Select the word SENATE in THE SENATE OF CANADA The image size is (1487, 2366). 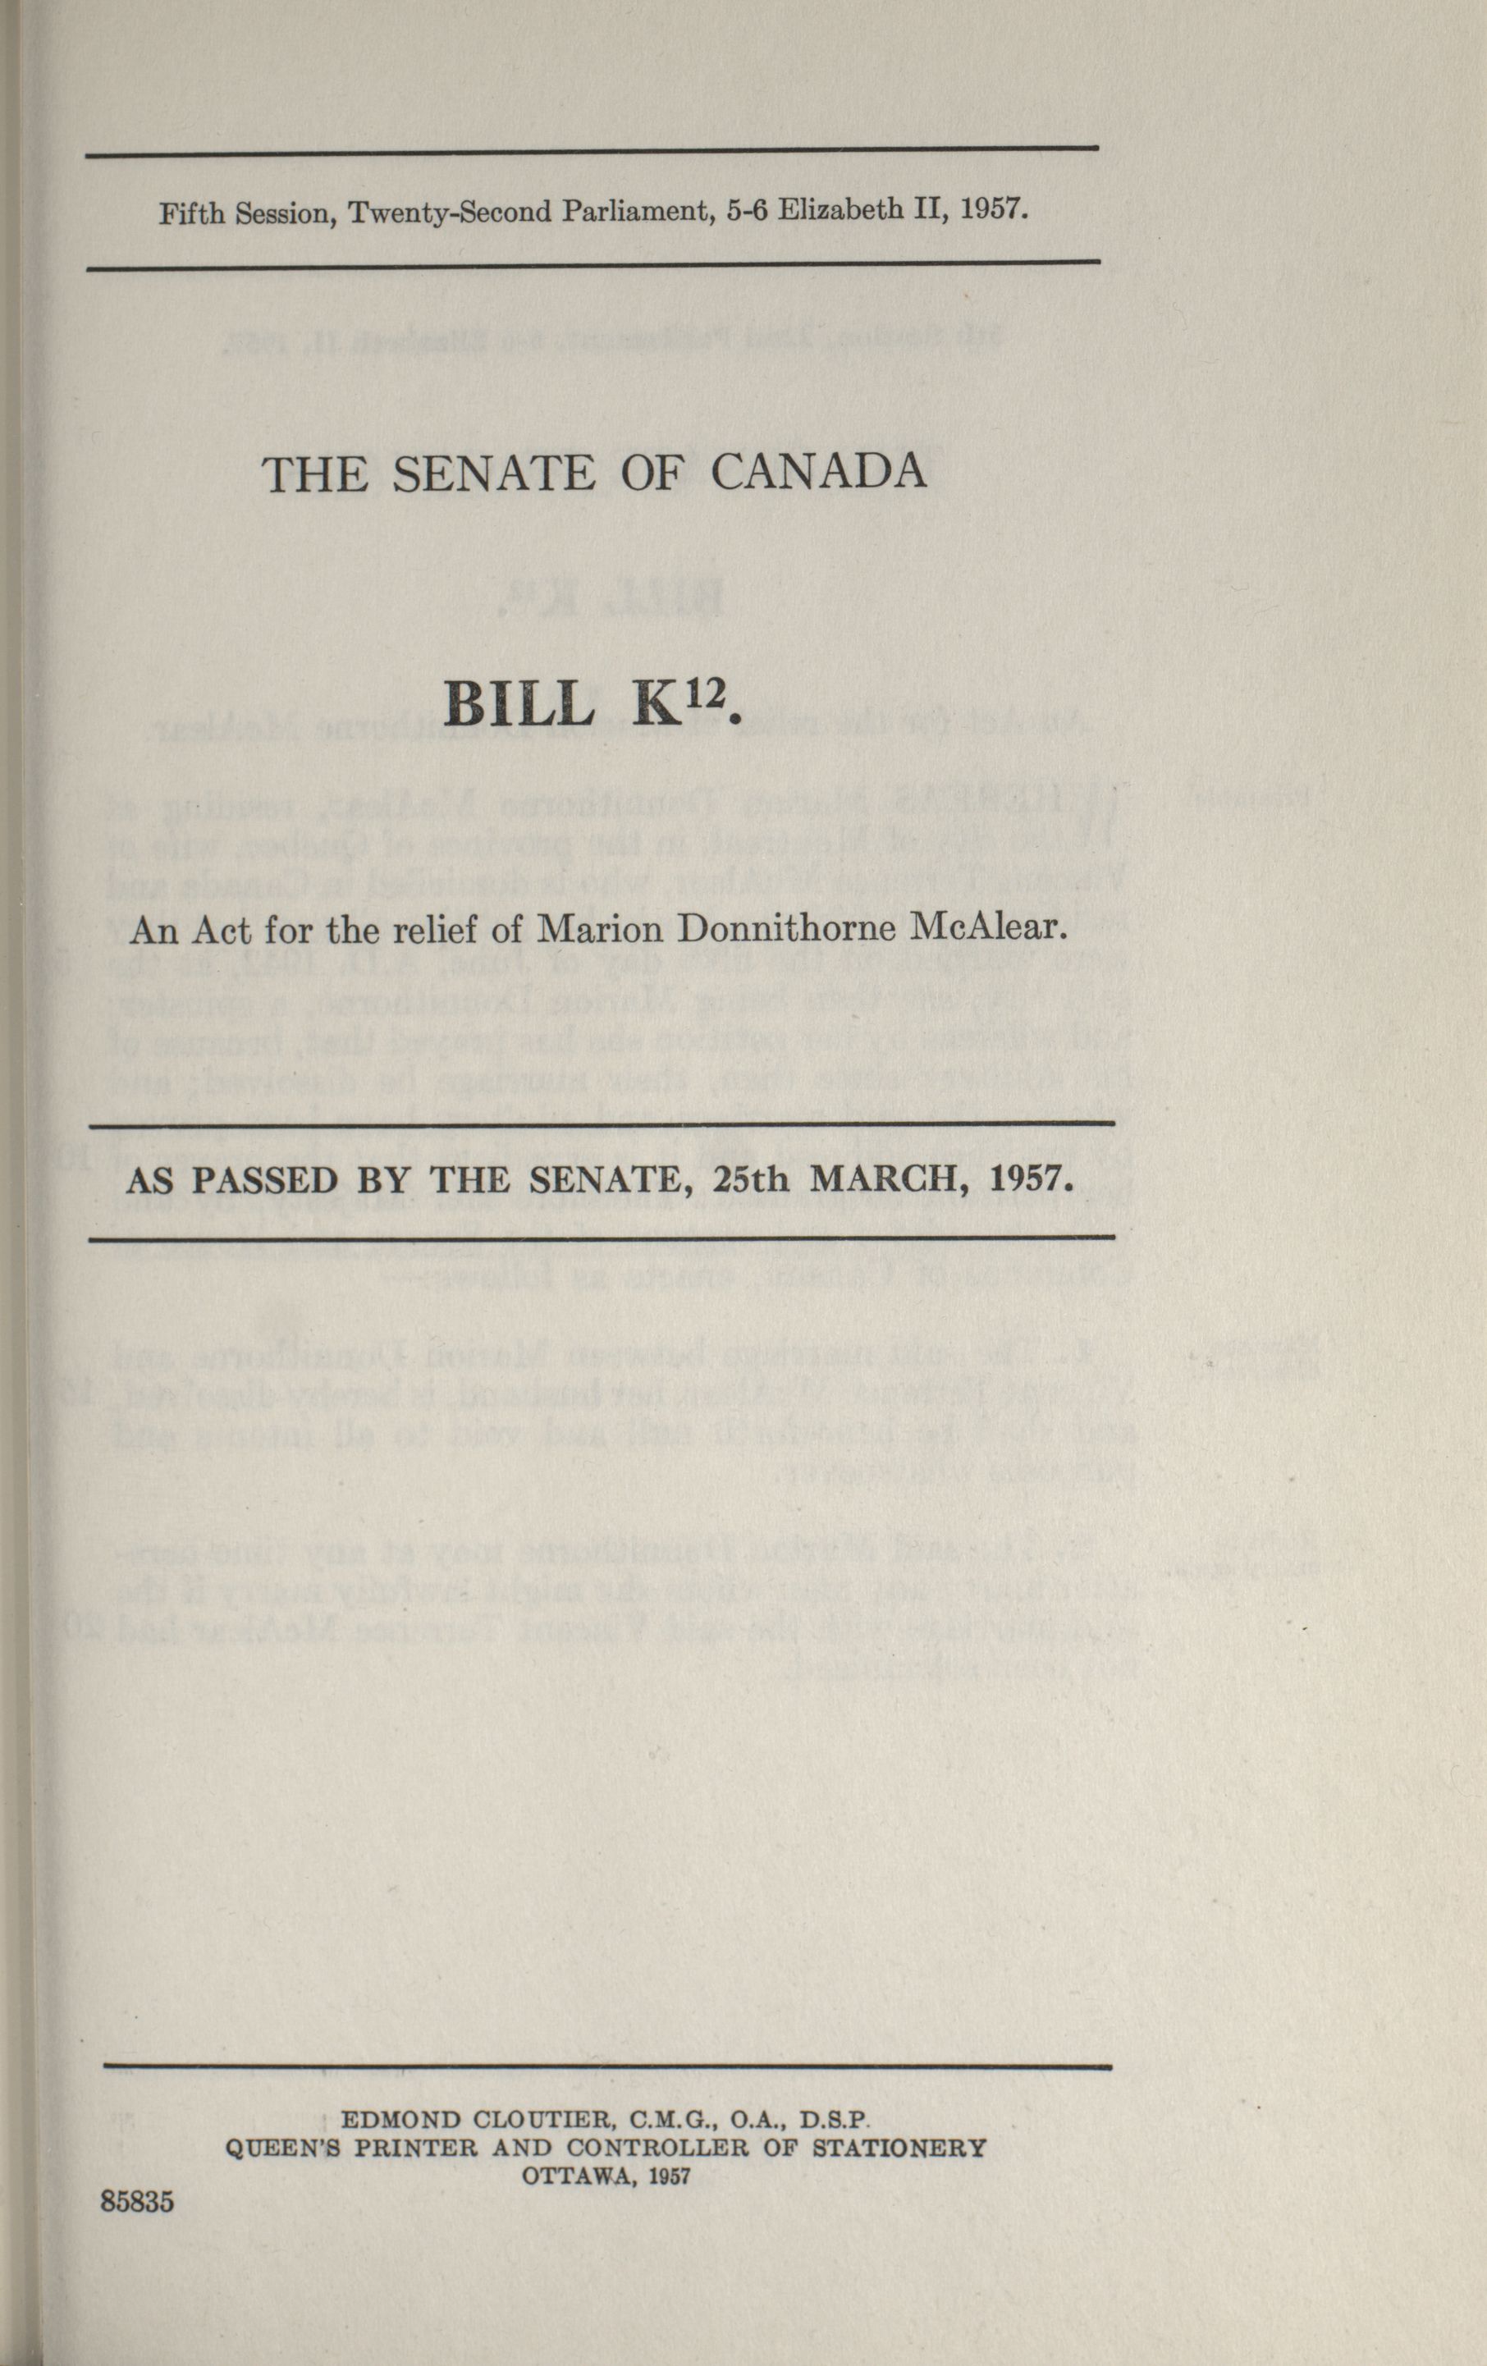pyautogui.click(x=494, y=474)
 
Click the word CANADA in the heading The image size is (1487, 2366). pyautogui.click(x=817, y=473)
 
